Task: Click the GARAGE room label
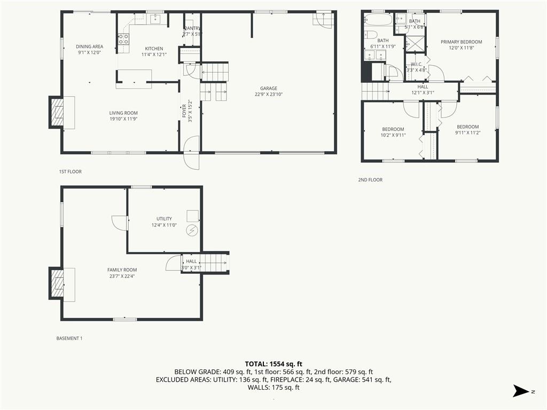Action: (268, 89)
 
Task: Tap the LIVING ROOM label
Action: (123, 113)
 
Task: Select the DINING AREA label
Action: (90, 46)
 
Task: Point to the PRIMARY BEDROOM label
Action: (461, 42)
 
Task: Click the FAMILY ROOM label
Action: (122, 270)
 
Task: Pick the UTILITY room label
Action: (164, 219)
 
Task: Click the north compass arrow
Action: (521, 391)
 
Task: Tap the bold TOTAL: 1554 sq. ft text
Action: (273, 364)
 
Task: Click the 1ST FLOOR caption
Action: (70, 171)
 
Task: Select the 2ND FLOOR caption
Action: (370, 180)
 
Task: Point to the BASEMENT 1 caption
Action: (69, 338)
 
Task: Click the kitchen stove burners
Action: (123, 38)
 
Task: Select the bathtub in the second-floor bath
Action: (379, 20)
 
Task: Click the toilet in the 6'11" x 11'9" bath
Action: (371, 35)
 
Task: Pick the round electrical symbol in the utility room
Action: (192, 231)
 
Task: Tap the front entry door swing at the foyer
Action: (192, 153)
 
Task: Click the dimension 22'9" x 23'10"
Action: (269, 94)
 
